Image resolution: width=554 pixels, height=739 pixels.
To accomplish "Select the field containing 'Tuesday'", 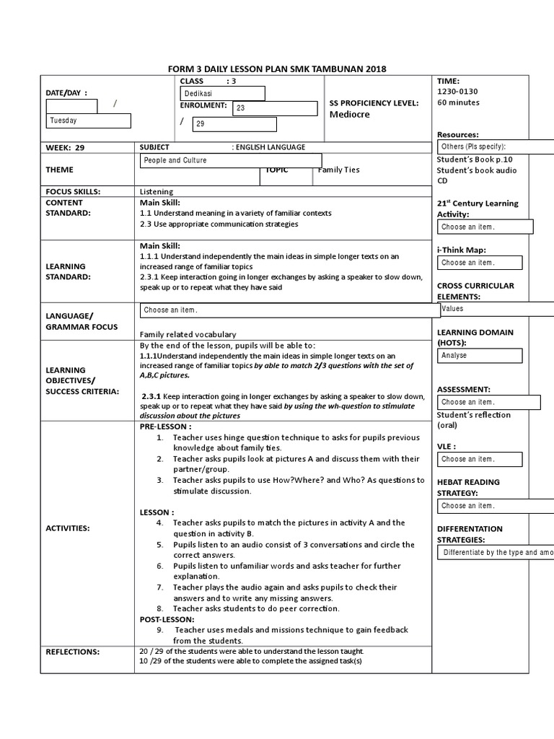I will point(89,121).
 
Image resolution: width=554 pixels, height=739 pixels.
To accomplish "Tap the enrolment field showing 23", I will point(274,108).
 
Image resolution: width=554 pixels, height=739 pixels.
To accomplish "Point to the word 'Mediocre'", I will point(349,114).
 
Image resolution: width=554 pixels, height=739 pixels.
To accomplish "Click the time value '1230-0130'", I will point(457,92).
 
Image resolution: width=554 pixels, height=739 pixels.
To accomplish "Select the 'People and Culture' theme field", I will point(230,160).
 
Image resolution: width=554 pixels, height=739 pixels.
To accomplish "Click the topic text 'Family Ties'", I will point(338,170).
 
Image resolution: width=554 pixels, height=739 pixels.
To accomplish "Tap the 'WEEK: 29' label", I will point(65,147).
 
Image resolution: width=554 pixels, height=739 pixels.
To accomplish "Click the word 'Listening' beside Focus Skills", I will point(157,191).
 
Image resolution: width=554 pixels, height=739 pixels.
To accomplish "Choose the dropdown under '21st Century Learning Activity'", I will point(485,227).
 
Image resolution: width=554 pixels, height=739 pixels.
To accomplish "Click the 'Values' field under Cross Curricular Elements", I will point(496,309).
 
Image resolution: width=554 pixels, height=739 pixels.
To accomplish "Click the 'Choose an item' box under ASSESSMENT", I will point(488,402).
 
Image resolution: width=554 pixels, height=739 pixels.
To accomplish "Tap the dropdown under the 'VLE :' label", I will point(480,459).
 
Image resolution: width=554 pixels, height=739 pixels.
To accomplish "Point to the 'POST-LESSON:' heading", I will point(167,619).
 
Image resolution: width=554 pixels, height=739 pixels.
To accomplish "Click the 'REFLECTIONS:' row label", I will point(73,652).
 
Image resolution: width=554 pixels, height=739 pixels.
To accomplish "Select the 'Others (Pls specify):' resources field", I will point(496,147).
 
